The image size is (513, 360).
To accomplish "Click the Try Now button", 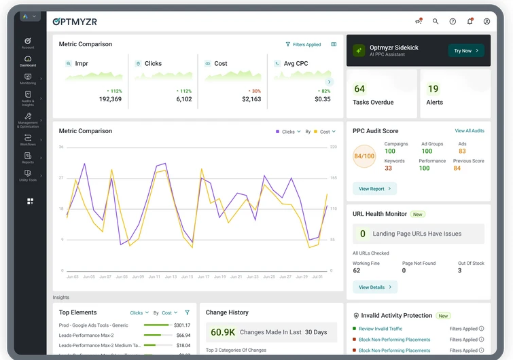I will click(x=466, y=51).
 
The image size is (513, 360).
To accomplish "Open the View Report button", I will click(x=374, y=189).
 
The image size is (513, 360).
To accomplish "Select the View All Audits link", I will click(x=470, y=131).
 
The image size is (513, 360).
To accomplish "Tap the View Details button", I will click(x=374, y=287).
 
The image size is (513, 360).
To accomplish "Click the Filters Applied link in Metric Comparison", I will click(x=303, y=45).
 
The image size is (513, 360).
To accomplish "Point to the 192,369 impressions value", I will click(x=110, y=99).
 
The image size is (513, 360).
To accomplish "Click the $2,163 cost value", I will click(x=251, y=99).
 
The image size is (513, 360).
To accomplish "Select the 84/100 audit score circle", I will click(x=364, y=156).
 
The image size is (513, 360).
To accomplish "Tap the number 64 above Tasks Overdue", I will click(x=359, y=89).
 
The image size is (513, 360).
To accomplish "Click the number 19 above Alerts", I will click(x=433, y=89).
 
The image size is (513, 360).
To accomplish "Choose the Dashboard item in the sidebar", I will click(x=28, y=61).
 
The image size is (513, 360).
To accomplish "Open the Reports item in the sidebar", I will click(x=28, y=158).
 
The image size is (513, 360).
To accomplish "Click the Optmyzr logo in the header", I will click(x=75, y=22).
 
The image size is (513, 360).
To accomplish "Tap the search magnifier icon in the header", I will click(x=436, y=22).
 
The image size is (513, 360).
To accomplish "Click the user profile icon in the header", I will click(x=487, y=22).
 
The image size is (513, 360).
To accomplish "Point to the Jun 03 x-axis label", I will click(x=72, y=277).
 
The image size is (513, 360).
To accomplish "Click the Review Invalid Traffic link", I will click(x=381, y=329).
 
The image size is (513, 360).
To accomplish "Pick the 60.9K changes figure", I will click(x=223, y=332).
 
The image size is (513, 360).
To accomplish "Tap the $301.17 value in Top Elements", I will click(x=183, y=325).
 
